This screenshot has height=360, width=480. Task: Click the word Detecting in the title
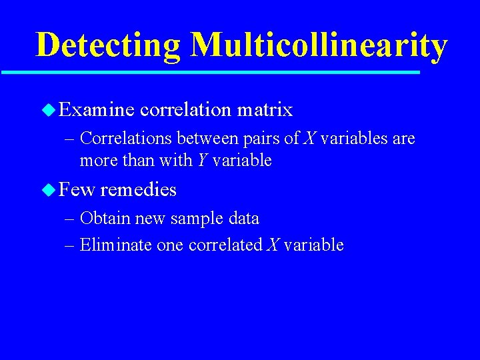pyautogui.click(x=107, y=45)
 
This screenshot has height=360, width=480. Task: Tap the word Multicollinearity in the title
pyautogui.click(x=318, y=45)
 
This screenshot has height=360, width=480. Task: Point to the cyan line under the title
pyautogui.click(x=210, y=72)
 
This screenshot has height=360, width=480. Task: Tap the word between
pyautogui.click(x=199, y=139)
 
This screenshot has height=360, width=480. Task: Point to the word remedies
pyautogui.click(x=138, y=190)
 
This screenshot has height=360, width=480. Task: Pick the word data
pyautogui.click(x=242, y=219)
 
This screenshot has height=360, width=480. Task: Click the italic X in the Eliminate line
pyautogui.click(x=272, y=245)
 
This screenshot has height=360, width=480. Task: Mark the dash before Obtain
pyautogui.click(x=71, y=219)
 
